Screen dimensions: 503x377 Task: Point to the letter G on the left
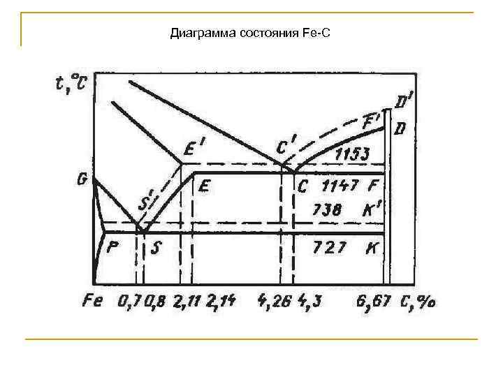[x=82, y=179]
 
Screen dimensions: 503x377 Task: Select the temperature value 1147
[x=340, y=186]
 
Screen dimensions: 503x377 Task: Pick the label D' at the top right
[x=403, y=104]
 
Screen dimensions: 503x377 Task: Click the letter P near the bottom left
[x=113, y=247]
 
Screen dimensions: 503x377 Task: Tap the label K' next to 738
[x=373, y=209]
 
